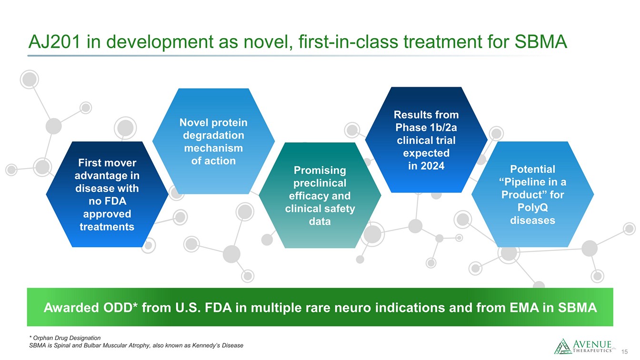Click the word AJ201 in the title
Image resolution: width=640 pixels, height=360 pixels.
[x=54, y=42]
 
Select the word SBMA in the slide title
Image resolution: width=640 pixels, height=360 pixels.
[x=540, y=42]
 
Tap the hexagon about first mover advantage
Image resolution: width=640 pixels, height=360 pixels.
[x=107, y=194]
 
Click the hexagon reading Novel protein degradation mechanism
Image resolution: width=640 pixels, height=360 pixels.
[x=213, y=141]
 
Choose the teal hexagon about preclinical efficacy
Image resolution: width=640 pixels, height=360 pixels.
[x=320, y=195]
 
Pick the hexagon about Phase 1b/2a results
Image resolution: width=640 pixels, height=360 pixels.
[x=426, y=140]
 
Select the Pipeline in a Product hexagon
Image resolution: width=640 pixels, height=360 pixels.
[x=532, y=194]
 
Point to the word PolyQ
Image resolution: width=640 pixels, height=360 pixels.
[x=532, y=208]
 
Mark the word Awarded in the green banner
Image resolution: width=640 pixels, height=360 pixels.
[x=71, y=308]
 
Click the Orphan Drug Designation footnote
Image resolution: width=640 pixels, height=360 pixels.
[x=65, y=338]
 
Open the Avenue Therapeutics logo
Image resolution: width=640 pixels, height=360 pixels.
[x=583, y=346]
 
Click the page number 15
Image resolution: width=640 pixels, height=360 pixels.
[x=625, y=352]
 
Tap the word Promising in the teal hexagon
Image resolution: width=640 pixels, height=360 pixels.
[x=320, y=170]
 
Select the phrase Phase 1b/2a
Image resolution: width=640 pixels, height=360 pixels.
[x=426, y=128]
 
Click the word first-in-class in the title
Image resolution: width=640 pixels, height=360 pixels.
[x=348, y=42]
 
